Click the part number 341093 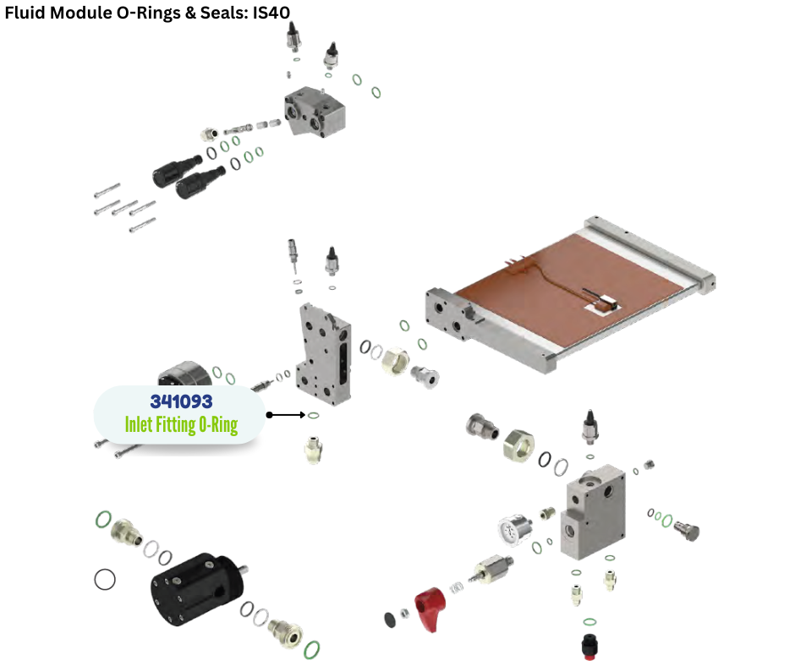click(x=181, y=401)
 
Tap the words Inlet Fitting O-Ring click(x=181, y=425)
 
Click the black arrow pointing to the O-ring click(x=286, y=415)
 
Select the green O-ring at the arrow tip click(x=313, y=416)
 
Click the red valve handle click(x=430, y=609)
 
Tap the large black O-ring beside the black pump click(x=105, y=579)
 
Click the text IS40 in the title click(x=271, y=12)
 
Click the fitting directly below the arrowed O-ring click(x=314, y=449)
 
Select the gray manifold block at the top click(x=315, y=111)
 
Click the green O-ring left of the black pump click(x=103, y=519)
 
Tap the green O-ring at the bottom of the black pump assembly click(x=312, y=649)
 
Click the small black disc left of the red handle click(x=390, y=620)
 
